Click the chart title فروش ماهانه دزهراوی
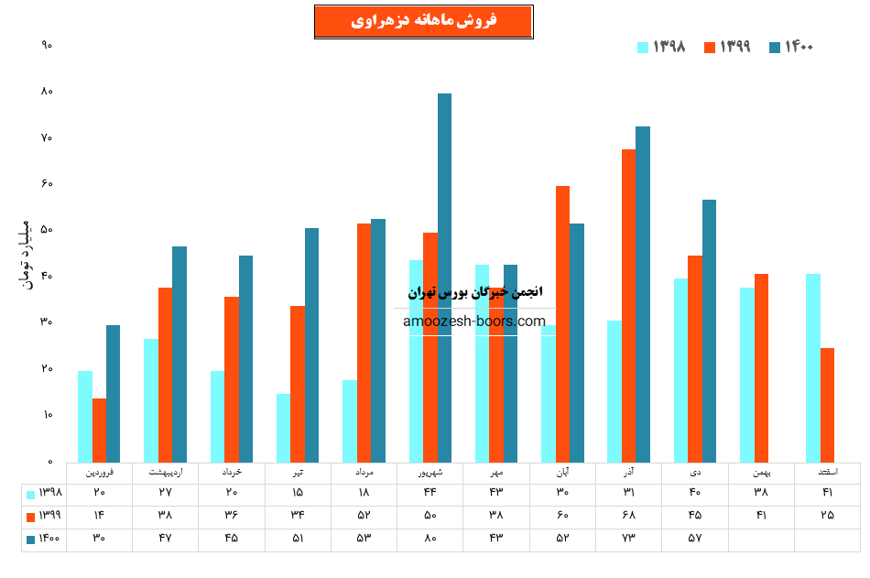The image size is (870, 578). tap(423, 21)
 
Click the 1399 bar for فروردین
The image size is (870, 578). tap(99, 431)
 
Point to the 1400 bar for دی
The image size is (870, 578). tap(709, 331)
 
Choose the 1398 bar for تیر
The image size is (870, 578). tap(283, 428)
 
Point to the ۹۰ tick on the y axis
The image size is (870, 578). tap(47, 45)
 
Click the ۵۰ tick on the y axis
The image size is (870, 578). tap(47, 230)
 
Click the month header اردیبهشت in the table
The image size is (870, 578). tap(165, 473)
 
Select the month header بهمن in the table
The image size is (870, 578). tap(761, 473)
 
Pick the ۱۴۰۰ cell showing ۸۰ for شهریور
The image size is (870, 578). tap(430, 538)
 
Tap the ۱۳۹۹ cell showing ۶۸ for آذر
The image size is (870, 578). tap(628, 515)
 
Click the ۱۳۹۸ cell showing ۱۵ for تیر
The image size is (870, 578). tap(298, 493)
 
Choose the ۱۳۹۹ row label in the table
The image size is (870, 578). tap(44, 515)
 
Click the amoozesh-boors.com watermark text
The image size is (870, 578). tap(473, 322)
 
